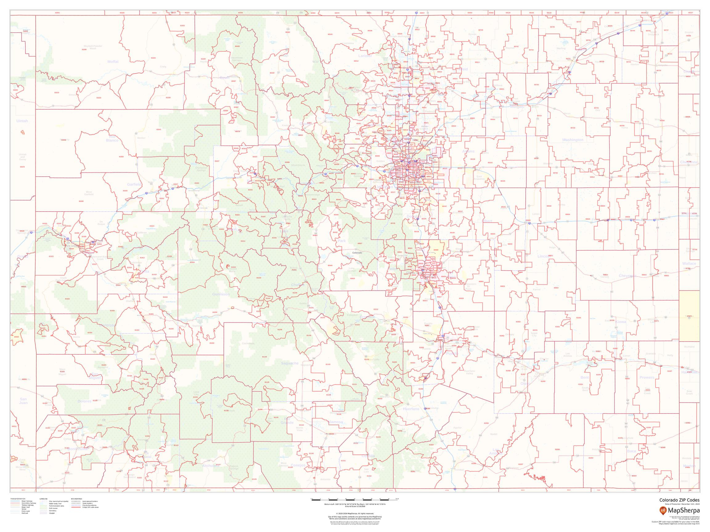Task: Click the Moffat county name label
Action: click(113, 62)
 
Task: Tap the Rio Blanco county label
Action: click(112, 139)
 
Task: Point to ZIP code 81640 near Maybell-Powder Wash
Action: click(84, 50)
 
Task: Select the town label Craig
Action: click(163, 67)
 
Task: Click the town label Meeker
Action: click(141, 138)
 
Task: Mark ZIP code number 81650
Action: click(121, 156)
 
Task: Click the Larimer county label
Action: click(365, 56)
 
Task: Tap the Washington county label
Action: click(573, 140)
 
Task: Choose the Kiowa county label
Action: click(621, 322)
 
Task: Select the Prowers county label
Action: click(647, 377)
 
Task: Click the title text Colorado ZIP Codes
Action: click(679, 500)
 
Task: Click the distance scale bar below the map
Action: click(354, 500)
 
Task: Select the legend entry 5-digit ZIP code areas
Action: click(90, 507)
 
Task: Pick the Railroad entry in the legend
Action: click(24, 513)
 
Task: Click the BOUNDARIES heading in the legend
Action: click(77, 499)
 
